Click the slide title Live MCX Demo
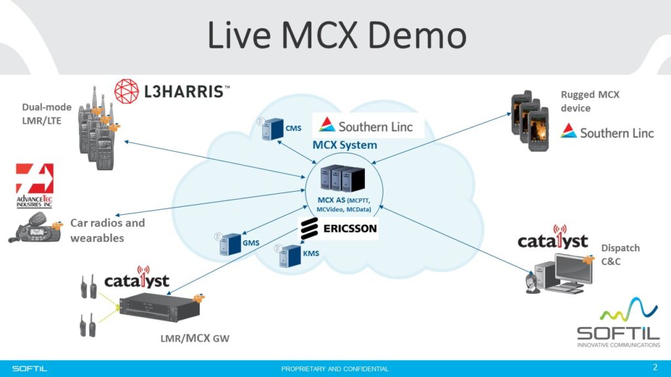pos(336,35)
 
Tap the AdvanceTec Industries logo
pos(34,186)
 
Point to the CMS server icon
pos(270,129)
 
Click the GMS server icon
pos(227,243)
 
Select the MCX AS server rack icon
pos(342,177)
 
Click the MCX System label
pos(345,145)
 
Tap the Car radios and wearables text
pos(107,230)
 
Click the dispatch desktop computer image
pos(558,272)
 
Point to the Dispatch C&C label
pos(620,254)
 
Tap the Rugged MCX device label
pos(590,101)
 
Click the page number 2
pos(655,366)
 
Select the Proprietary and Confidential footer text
pos(335,368)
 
